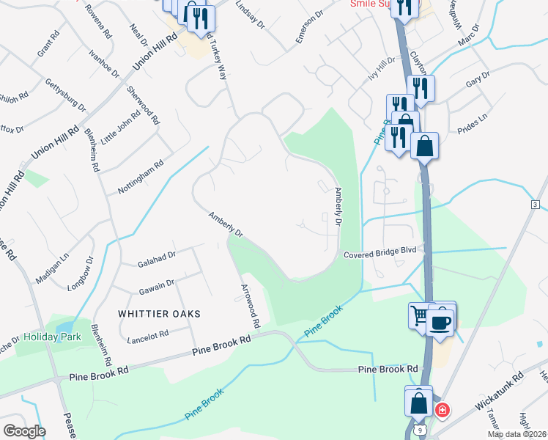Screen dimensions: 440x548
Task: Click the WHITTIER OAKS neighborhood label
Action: click(159, 313)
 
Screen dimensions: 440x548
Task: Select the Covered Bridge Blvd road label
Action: click(380, 252)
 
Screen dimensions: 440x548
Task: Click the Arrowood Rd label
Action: click(249, 306)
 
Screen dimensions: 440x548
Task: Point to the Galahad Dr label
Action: click(157, 256)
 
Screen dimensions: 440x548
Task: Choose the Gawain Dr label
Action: click(155, 284)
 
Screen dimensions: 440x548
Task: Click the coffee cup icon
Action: click(440, 322)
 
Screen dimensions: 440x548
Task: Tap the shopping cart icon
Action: click(420, 315)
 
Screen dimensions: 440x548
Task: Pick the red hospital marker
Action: click(442, 410)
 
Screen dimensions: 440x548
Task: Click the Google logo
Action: click(23, 431)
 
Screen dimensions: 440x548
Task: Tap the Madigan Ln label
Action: click(52, 265)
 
